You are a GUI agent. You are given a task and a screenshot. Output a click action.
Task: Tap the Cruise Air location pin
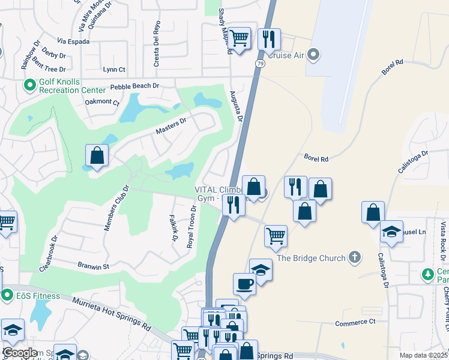click(x=313, y=55)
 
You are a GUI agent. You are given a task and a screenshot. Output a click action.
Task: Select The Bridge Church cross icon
click(x=355, y=257)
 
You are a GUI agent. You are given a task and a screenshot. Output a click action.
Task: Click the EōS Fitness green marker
click(x=7, y=295)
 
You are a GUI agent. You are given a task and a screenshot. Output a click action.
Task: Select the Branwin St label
click(x=93, y=265)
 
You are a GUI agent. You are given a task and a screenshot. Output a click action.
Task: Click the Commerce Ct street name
click(x=355, y=322)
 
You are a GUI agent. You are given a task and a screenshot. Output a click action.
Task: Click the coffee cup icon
click(x=244, y=283)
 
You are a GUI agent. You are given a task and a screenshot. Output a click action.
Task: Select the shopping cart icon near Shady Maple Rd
click(x=239, y=38)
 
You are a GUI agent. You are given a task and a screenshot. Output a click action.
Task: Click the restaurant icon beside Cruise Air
click(x=269, y=39)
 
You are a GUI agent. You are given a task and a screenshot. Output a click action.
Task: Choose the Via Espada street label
click(x=73, y=41)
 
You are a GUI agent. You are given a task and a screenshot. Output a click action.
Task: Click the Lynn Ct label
click(x=114, y=70)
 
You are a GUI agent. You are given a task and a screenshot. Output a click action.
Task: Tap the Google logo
click(x=20, y=353)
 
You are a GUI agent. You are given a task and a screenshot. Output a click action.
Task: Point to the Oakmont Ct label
click(x=102, y=101)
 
